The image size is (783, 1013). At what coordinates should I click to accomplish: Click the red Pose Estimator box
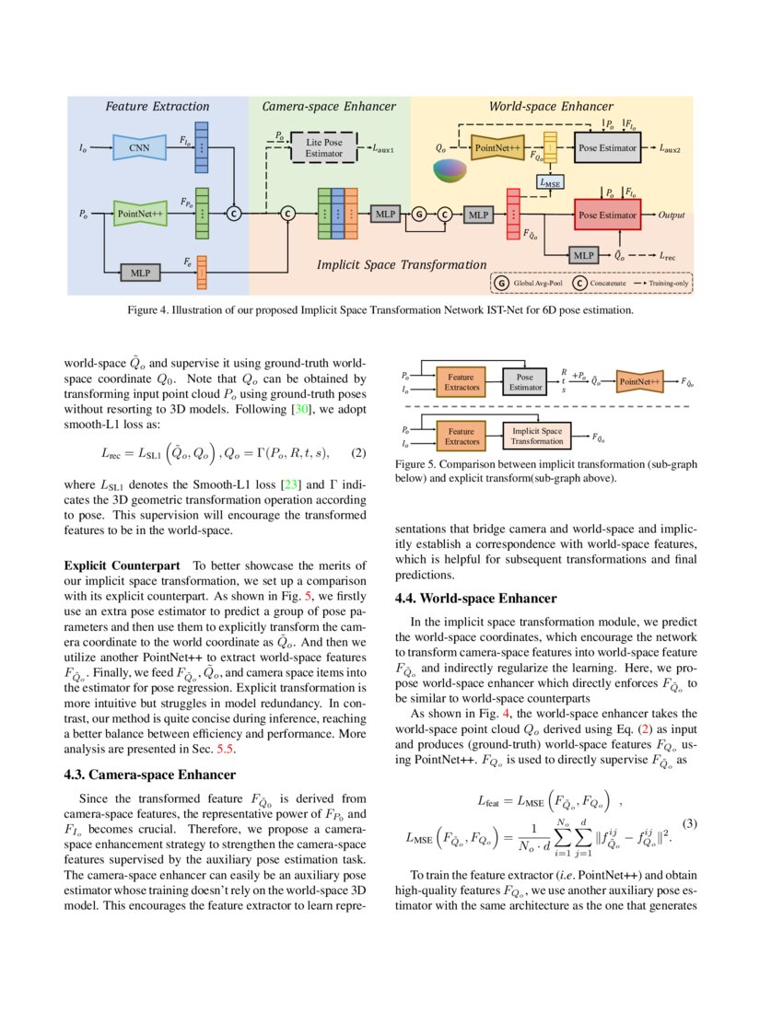(606, 215)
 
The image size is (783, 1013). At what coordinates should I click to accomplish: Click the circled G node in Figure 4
(419, 215)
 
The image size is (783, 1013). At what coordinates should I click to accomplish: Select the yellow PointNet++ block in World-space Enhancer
(498, 146)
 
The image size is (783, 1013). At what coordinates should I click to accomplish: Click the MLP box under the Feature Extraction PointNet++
(140, 273)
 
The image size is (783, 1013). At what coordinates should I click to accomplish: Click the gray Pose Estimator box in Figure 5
(525, 382)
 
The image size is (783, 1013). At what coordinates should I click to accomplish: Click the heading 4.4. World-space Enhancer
(475, 598)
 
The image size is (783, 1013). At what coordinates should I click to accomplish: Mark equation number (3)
(688, 822)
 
